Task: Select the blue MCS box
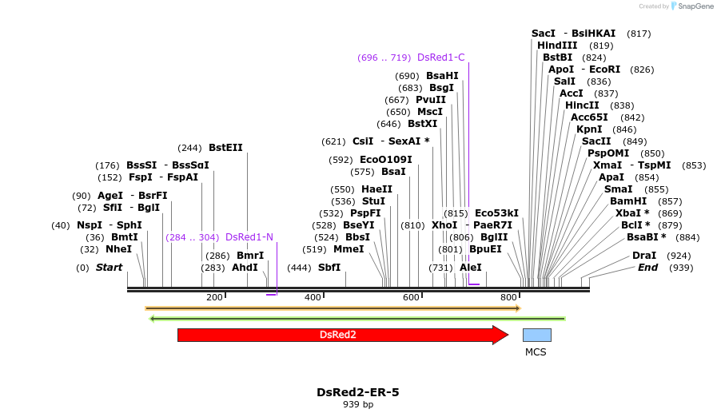(536, 335)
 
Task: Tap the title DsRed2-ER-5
(357, 392)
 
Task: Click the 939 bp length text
(357, 405)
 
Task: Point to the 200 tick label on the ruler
(214, 298)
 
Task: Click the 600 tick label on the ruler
(411, 298)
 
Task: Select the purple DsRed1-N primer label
(249, 237)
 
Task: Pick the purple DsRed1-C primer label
(440, 58)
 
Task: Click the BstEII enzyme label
(225, 148)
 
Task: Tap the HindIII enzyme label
(557, 46)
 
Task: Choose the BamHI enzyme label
(628, 201)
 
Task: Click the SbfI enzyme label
(329, 268)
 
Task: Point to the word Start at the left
(109, 268)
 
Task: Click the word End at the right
(647, 268)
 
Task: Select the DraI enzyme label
(644, 256)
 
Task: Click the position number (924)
(679, 256)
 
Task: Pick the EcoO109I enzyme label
(386, 160)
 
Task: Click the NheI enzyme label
(118, 249)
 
